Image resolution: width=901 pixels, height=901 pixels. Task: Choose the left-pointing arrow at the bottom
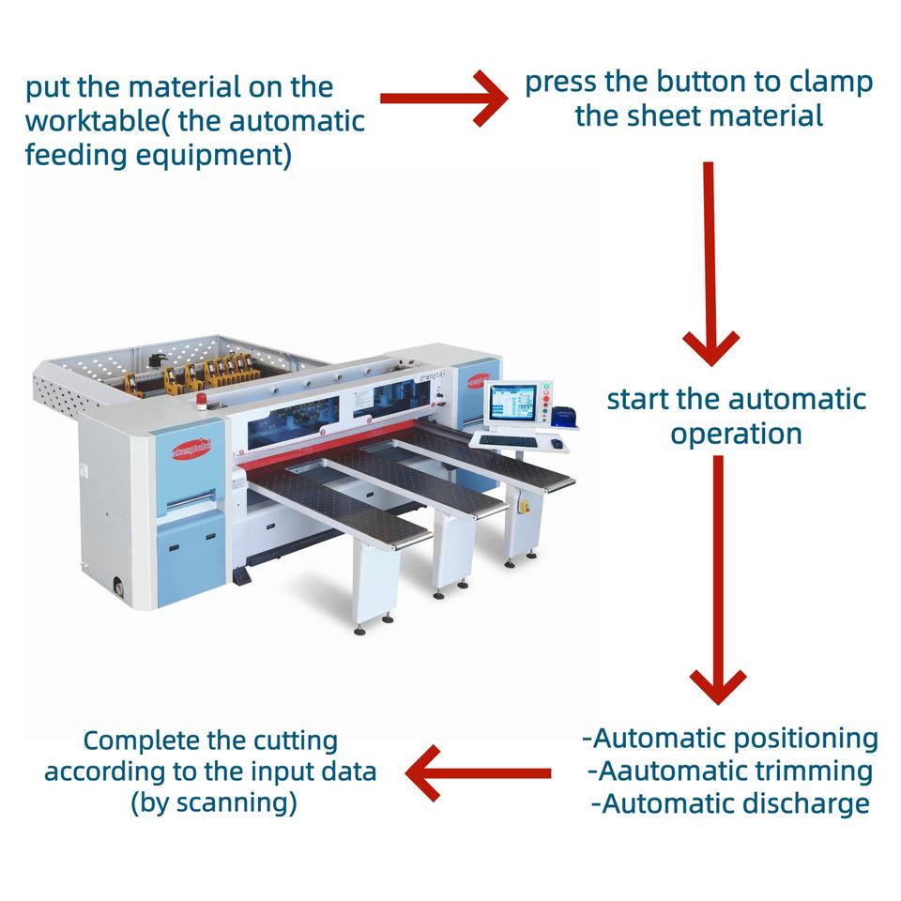pyautogui.click(x=480, y=773)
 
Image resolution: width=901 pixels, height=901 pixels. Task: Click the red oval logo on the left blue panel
pyautogui.click(x=191, y=450)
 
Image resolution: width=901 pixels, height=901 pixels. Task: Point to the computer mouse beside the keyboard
pyautogui.click(x=557, y=443)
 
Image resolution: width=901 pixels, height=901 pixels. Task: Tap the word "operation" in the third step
pyautogui.click(x=736, y=434)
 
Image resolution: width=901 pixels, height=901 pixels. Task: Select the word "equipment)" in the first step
pyautogui.click(x=218, y=155)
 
